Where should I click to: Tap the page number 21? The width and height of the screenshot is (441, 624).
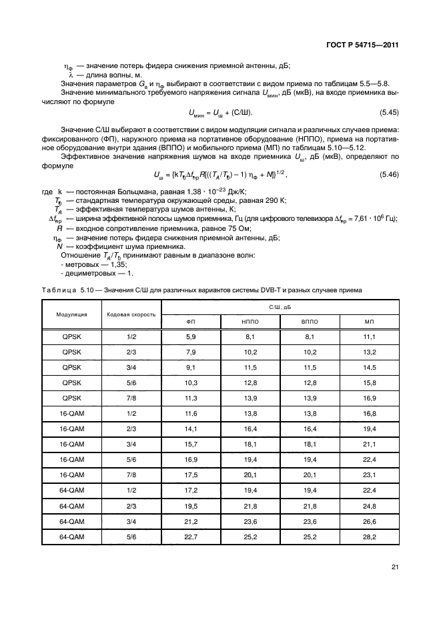(395, 567)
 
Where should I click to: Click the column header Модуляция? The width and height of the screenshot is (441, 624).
(71, 314)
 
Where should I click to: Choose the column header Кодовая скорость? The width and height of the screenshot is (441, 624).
(131, 314)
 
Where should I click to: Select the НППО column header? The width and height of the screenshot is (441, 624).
(250, 321)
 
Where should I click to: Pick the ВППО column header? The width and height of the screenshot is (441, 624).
(310, 321)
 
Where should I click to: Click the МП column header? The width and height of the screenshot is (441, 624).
(369, 321)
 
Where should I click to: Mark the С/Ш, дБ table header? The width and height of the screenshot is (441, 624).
(280, 306)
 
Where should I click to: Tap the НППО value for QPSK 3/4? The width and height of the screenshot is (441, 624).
(250, 368)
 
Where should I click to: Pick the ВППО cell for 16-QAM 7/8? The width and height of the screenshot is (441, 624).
(310, 475)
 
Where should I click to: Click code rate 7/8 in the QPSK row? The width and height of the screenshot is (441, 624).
(131, 398)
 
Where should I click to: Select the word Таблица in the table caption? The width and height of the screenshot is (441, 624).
(56, 290)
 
